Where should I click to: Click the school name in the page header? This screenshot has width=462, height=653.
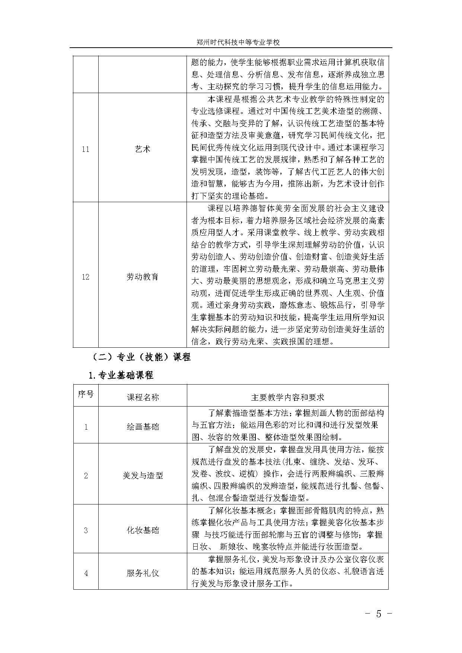(238, 42)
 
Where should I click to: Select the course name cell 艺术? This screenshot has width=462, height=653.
(143, 149)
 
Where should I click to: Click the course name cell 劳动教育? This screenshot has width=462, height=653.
(143, 277)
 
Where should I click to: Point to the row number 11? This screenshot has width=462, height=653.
(86, 149)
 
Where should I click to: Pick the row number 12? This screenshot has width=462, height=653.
(86, 277)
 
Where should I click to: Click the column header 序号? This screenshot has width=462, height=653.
(86, 394)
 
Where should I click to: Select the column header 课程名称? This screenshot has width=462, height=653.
(143, 397)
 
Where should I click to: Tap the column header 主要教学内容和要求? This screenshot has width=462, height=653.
(287, 397)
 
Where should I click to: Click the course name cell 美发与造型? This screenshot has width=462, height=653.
(143, 475)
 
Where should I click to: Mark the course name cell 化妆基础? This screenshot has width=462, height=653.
(143, 530)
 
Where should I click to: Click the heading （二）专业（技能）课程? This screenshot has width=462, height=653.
(141, 357)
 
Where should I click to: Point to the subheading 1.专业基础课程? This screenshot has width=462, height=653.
(121, 375)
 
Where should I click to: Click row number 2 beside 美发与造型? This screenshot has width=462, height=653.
(86, 475)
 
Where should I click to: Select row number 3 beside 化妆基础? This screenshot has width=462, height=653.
(86, 530)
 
